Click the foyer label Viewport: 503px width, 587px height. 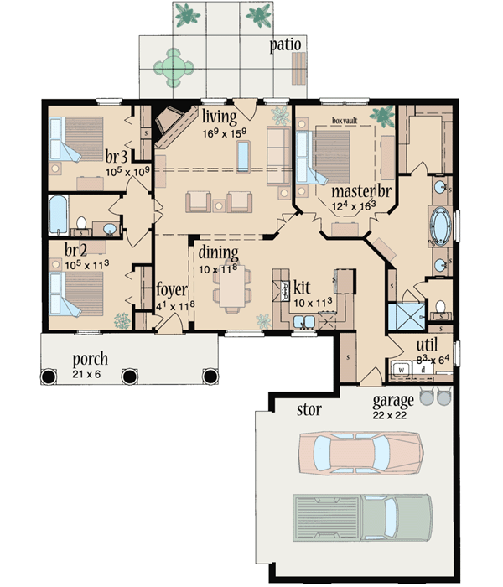[x=170, y=290]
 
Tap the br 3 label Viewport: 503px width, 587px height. [x=116, y=156]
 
